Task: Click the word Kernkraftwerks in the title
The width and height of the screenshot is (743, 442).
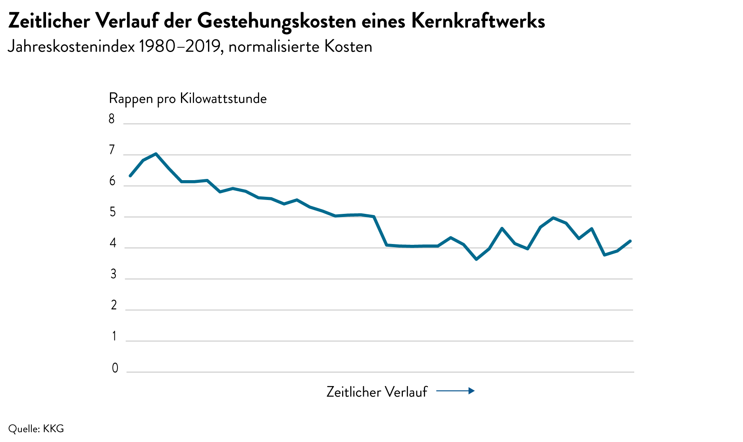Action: tap(478, 21)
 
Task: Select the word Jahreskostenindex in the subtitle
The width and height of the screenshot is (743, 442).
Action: tap(71, 47)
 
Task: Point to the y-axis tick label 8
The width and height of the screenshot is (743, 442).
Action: tap(112, 119)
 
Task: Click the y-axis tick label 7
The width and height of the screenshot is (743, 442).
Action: tap(112, 150)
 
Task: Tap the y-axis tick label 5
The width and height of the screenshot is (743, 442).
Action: tap(113, 212)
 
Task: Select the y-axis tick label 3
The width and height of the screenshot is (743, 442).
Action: tap(114, 274)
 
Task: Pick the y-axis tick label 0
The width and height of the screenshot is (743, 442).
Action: tap(115, 368)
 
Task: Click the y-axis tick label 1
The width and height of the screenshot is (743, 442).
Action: tap(114, 336)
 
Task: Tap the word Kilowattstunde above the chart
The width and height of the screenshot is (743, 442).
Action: tap(223, 98)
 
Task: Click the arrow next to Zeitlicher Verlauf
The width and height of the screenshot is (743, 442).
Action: tap(455, 391)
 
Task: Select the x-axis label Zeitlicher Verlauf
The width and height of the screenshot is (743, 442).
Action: tap(377, 392)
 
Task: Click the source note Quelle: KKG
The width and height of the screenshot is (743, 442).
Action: tap(36, 429)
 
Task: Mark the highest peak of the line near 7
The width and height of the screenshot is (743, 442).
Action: tap(156, 154)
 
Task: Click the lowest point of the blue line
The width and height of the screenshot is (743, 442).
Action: tap(476, 259)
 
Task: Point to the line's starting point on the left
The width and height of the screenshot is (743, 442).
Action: tap(130, 176)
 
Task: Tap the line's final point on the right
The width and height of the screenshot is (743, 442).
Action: tap(630, 241)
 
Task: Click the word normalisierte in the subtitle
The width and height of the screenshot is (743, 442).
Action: tap(274, 47)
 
